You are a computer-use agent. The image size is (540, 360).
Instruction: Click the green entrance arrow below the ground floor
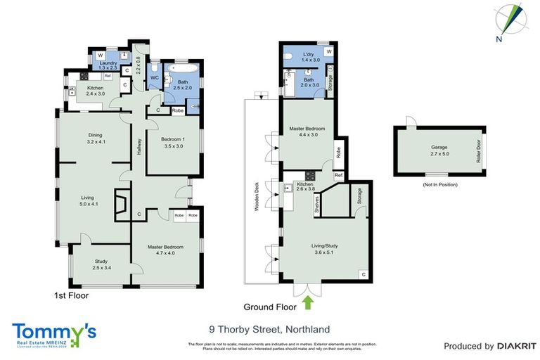[x=307, y=302]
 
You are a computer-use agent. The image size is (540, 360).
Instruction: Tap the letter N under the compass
[x=498, y=39]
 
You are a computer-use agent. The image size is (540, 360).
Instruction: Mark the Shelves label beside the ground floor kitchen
[x=317, y=203]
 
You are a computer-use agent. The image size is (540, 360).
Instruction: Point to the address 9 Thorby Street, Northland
[x=269, y=329]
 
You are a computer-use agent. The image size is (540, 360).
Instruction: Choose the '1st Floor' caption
[x=71, y=296]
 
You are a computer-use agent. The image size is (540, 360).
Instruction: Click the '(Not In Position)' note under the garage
[x=439, y=184]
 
